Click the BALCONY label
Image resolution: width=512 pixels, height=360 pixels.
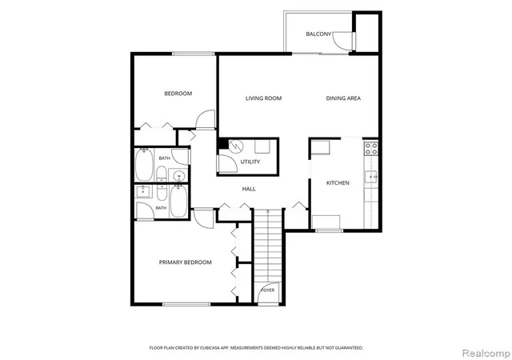[x=318, y=34]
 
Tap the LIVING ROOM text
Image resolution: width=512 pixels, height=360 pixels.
[x=263, y=98]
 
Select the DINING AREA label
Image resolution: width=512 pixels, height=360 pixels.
[x=343, y=98]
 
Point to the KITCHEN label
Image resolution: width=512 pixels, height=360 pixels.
[x=338, y=183]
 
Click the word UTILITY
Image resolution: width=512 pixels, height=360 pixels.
[x=250, y=162]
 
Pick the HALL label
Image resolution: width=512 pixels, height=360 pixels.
[x=249, y=189]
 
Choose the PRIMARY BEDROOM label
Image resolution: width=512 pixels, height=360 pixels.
[x=186, y=262]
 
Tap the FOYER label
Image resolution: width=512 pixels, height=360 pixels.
[x=268, y=290]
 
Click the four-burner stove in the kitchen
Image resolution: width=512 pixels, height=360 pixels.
[x=371, y=148]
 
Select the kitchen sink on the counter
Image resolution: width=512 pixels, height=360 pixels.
[x=371, y=177]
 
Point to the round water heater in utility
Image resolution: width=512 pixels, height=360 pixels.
[x=236, y=146]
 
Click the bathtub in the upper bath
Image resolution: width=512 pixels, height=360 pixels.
[x=144, y=164]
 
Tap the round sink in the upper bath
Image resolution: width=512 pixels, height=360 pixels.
[x=178, y=176]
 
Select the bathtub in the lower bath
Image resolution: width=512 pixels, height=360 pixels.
[x=178, y=202]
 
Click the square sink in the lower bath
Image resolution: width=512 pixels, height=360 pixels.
[x=142, y=192]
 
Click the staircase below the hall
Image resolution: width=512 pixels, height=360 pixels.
[x=268, y=246]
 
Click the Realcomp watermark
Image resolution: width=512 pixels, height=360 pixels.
[x=486, y=353]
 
